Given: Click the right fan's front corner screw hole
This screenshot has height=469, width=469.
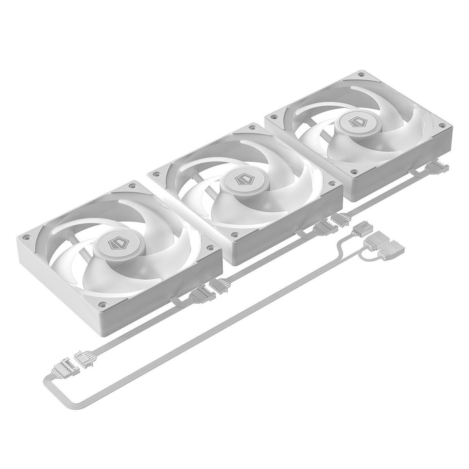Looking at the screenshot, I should pos(353,171).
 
